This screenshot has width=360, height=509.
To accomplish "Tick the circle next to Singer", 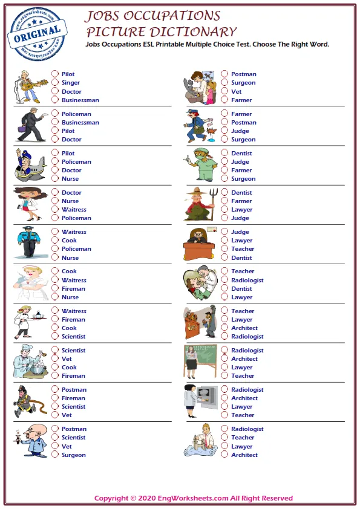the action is pos(55,83).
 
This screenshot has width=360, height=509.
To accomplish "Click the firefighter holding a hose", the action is pos(27,401).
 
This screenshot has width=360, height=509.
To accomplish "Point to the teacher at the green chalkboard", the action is pos(200,361).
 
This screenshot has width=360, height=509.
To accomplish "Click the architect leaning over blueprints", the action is pos(199,441).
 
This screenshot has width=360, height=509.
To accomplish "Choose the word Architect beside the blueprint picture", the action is pos(244,455).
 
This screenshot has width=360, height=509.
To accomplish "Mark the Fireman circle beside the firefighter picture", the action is pos(55,398).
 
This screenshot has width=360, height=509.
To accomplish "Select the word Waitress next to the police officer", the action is pos(74,232).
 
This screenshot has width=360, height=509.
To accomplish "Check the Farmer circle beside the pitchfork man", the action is pos(224,201).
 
